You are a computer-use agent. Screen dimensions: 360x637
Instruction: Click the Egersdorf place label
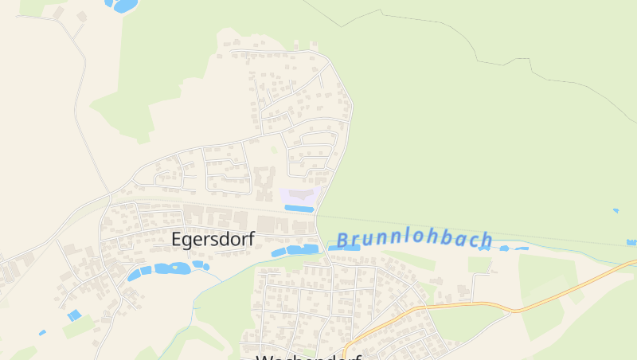tap(213, 238)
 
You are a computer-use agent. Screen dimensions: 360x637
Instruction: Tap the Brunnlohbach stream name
tap(414, 240)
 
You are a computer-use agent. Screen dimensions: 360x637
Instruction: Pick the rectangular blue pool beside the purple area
tap(299, 209)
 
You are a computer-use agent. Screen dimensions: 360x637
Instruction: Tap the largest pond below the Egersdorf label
tap(172, 268)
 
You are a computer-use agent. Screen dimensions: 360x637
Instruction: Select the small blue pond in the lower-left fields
tap(74, 315)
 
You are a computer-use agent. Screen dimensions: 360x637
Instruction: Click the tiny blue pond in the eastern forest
tap(616, 211)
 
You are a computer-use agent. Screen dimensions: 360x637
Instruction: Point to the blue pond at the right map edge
tap(632, 241)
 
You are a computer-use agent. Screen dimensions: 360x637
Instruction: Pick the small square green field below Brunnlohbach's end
tap(479, 264)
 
